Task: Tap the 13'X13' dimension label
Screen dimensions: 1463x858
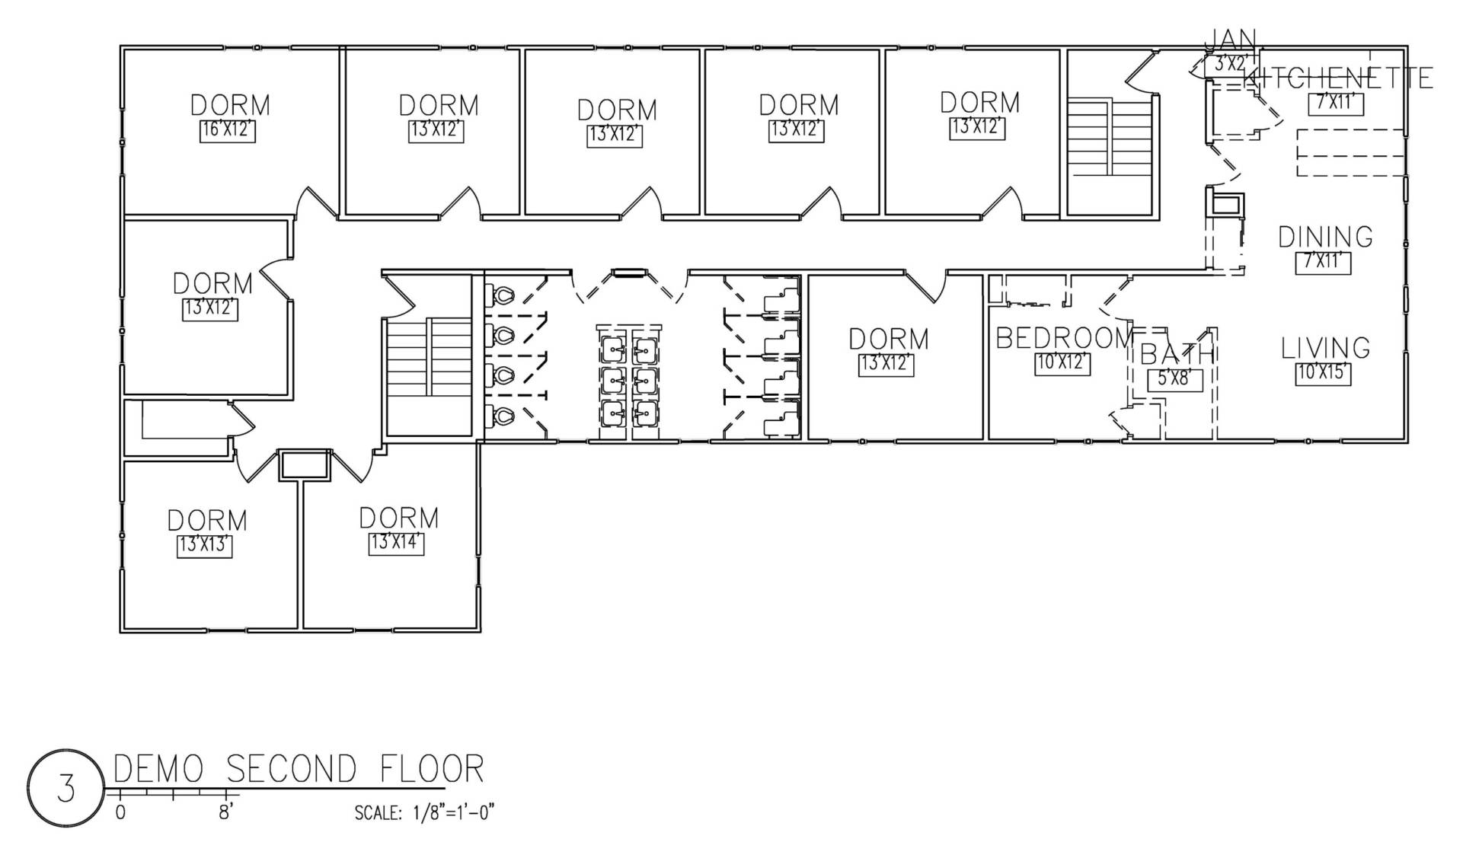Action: click(x=205, y=546)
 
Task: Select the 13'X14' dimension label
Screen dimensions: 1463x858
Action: click(x=397, y=544)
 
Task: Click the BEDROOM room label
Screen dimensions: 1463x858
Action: click(x=1065, y=338)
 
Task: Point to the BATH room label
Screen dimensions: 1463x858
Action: click(x=1176, y=354)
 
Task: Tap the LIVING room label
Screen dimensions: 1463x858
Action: click(x=1326, y=348)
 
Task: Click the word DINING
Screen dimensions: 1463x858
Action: click(x=1326, y=237)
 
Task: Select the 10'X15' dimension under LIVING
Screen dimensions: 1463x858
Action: click(x=1324, y=374)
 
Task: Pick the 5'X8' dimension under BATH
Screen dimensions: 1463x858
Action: click(x=1175, y=378)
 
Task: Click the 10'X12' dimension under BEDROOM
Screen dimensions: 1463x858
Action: click(x=1063, y=363)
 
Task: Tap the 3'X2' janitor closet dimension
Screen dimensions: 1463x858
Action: click(x=1227, y=65)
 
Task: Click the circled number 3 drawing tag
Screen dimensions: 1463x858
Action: click(x=65, y=788)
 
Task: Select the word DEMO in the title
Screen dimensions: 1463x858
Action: click(x=158, y=769)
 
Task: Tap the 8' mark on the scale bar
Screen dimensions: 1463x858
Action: click(x=225, y=813)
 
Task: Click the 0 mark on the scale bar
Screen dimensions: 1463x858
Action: click(x=120, y=813)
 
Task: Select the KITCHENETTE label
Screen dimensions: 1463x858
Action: click(x=1338, y=78)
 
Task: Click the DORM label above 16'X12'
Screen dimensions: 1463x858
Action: click(x=230, y=105)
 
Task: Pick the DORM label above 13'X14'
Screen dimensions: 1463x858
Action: click(x=399, y=518)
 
